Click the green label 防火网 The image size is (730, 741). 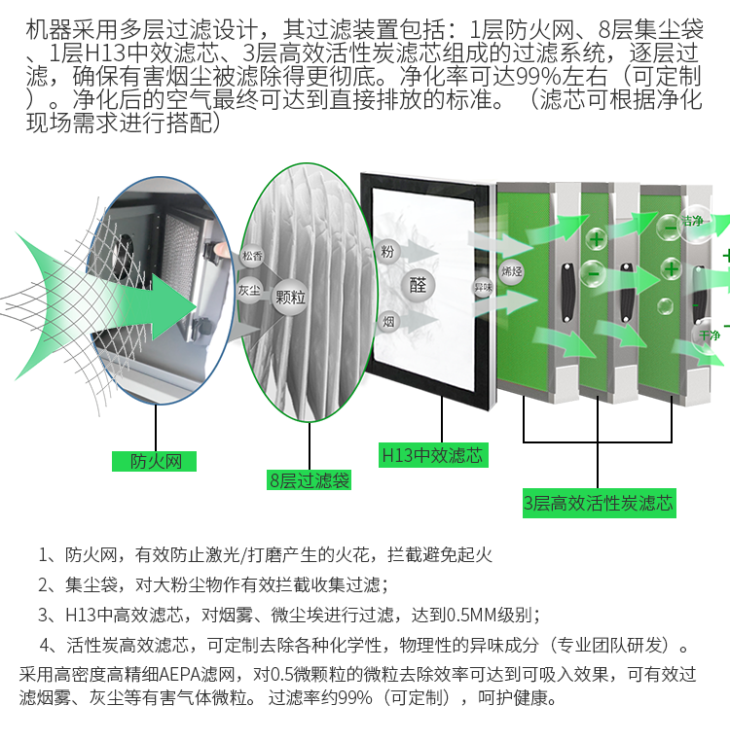coord(154,461)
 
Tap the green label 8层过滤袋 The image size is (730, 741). coord(309,480)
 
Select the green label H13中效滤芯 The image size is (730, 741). coord(433,455)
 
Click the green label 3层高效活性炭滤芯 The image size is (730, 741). coord(599,503)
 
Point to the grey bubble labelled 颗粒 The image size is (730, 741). coord(290,298)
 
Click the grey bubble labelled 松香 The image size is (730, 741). coord(252,256)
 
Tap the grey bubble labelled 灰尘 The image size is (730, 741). coord(249,290)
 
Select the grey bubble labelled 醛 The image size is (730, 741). coord(418,285)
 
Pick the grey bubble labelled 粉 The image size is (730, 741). coord(387,252)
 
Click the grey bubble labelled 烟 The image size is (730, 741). coord(388,322)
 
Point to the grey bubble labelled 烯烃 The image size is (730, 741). coord(511,271)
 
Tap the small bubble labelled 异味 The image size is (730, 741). coord(483,287)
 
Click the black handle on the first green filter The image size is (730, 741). coord(566,292)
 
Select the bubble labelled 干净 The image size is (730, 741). coord(708,335)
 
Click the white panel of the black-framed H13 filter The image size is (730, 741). coord(423,289)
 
